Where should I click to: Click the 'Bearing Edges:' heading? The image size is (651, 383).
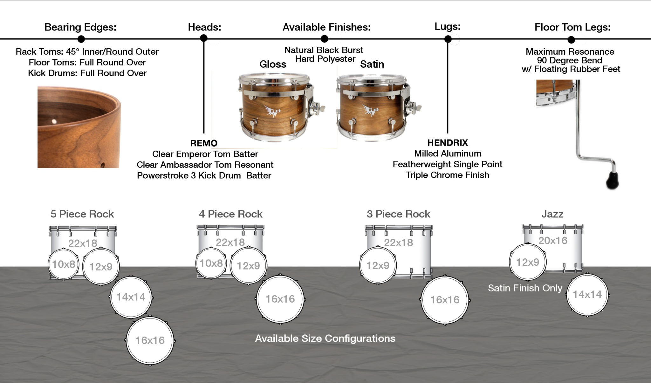click(x=80, y=27)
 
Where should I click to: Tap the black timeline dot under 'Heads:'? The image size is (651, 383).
click(x=204, y=38)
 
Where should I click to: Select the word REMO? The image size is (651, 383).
click(x=204, y=143)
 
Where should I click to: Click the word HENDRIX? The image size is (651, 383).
click(x=448, y=143)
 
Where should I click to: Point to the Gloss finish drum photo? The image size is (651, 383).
click(x=274, y=106)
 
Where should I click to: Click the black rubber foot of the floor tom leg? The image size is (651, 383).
click(x=612, y=181)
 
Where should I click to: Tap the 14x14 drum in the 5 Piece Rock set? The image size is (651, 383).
click(x=131, y=297)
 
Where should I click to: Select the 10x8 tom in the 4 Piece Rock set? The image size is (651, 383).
click(x=211, y=263)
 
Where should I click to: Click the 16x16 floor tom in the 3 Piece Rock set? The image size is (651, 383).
click(x=445, y=300)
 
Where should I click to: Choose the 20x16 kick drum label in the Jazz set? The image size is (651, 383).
click(x=553, y=241)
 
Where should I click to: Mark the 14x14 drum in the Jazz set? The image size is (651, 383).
click(x=587, y=295)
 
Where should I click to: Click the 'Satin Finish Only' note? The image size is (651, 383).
click(x=525, y=288)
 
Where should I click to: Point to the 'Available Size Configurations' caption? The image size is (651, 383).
click(x=325, y=339)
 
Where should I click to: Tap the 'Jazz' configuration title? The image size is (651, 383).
click(x=552, y=214)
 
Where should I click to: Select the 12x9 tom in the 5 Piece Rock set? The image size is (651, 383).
click(x=101, y=267)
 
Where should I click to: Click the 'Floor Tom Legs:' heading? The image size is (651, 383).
click(x=572, y=27)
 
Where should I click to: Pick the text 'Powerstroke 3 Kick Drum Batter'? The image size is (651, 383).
click(x=204, y=176)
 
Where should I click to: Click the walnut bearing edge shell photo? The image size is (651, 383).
click(x=79, y=127)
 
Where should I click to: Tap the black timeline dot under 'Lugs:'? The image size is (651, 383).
click(x=448, y=39)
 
